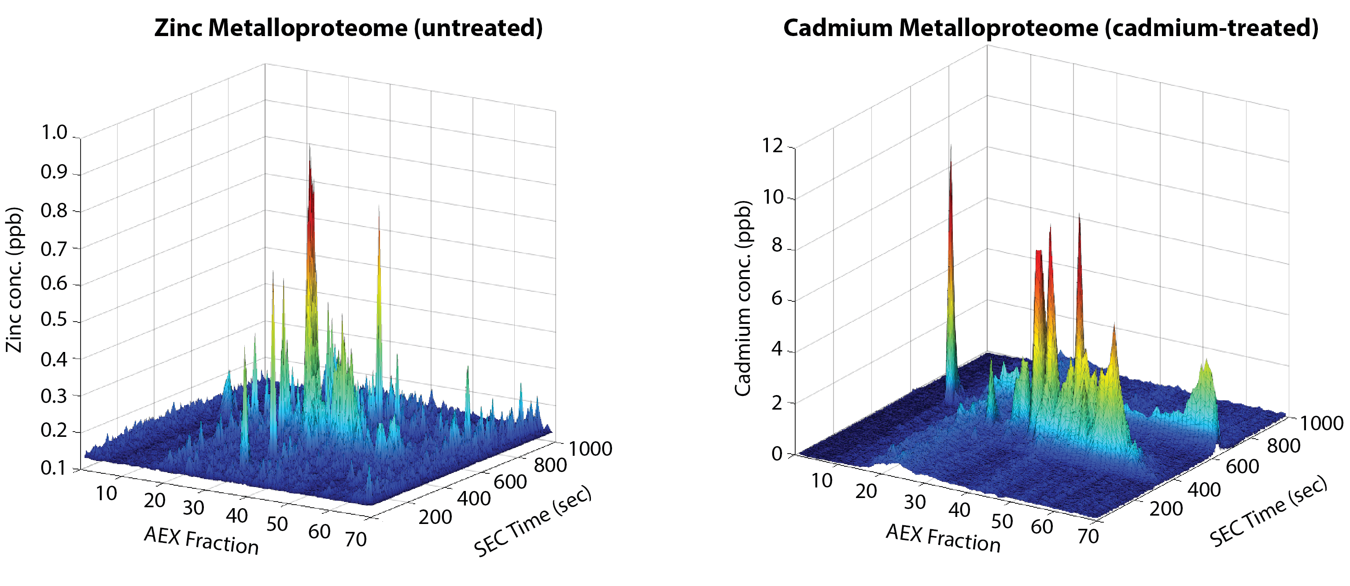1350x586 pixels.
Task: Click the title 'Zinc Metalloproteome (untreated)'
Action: [x=348, y=28]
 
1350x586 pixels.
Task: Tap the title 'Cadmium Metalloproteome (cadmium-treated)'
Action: [x=1050, y=28]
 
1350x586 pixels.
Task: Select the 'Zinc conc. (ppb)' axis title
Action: [x=15, y=280]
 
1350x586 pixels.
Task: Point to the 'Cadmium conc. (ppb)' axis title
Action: [x=743, y=298]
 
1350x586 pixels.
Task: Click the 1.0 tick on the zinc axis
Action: [x=55, y=132]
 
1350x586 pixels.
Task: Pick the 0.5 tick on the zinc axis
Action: [x=55, y=319]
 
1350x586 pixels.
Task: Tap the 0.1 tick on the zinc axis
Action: [x=55, y=468]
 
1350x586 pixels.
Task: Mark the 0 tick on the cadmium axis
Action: [x=777, y=454]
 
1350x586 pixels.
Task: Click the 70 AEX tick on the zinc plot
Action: [x=356, y=539]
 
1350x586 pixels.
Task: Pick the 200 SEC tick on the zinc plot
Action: [x=435, y=517]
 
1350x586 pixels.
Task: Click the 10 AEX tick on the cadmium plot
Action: [x=822, y=480]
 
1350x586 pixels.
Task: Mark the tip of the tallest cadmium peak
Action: [x=951, y=145]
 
